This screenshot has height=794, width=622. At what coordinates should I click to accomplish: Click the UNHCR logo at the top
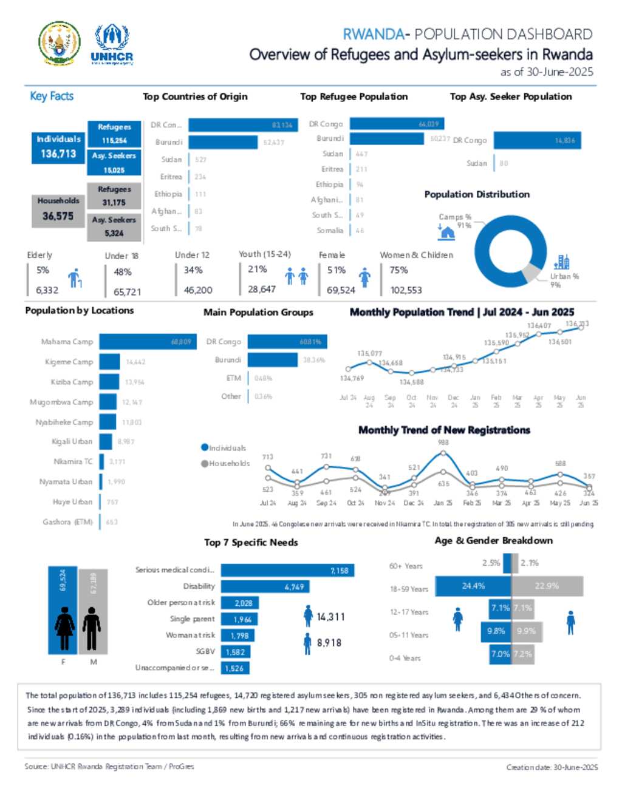112,44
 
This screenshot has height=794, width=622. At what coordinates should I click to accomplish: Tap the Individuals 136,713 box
58,148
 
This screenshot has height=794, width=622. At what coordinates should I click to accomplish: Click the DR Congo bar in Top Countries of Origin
242,125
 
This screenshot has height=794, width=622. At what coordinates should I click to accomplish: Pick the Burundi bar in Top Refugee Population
387,139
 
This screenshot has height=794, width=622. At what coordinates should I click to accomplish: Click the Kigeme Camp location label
69,362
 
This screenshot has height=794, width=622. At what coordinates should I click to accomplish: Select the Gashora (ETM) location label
67,522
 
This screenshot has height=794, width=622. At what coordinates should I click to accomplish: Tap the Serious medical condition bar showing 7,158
287,571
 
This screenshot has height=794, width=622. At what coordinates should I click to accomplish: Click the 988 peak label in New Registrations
443,443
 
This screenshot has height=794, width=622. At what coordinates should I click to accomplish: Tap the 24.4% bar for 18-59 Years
474,586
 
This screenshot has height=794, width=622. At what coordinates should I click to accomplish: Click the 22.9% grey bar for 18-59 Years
547,586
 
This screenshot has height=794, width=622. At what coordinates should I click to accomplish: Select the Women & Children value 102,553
406,290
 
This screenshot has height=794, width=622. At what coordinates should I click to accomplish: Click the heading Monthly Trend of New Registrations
444,430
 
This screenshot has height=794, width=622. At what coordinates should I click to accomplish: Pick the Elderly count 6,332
47,291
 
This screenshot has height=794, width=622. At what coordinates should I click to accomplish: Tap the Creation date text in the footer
552,767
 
